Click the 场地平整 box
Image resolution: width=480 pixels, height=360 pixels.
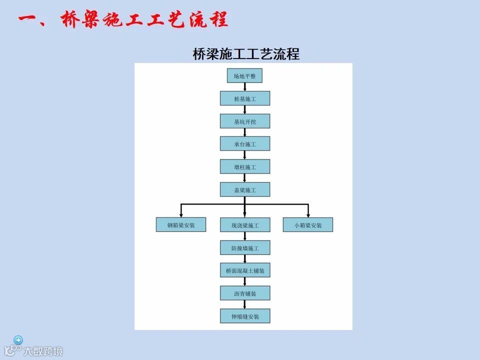tap(244, 76)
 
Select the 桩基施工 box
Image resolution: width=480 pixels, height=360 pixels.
tap(244, 98)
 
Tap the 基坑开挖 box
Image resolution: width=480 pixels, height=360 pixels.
tap(244, 121)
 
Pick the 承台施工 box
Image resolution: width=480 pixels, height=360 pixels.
tap(244, 144)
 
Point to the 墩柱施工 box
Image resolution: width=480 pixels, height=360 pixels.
tap(244, 166)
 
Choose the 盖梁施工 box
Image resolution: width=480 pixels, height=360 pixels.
tap(244, 189)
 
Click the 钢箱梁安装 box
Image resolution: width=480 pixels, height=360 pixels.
tap(181, 225)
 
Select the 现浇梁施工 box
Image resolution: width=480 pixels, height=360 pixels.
tap(244, 225)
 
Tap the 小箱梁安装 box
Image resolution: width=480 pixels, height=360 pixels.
tap(308, 225)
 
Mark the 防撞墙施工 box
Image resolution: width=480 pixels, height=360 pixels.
tap(244, 247)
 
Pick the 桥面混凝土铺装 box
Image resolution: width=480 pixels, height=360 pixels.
tap(244, 270)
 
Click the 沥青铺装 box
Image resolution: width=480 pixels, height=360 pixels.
tap(244, 293)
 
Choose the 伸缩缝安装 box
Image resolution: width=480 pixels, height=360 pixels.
tap(244, 316)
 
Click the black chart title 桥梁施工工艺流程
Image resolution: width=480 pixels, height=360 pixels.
tap(246, 54)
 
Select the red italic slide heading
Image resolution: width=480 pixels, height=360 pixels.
tap(123, 20)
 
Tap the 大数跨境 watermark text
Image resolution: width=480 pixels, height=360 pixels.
tap(43, 350)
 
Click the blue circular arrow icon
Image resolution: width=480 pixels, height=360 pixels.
tap(18, 340)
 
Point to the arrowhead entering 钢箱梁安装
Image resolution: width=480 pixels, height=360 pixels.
tap(181, 215)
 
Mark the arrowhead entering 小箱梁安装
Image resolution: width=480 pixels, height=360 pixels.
tap(308, 215)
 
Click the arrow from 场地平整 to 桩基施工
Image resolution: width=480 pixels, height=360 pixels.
tap(244, 87)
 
